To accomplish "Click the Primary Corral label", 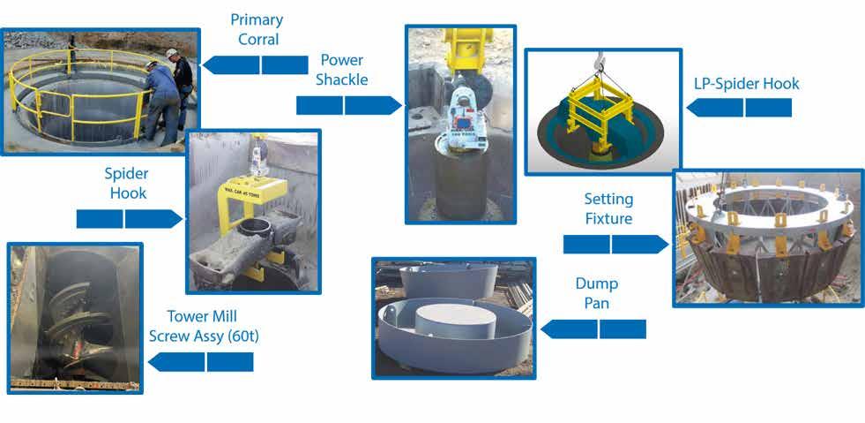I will [x=255, y=29].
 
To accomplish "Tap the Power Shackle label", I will [x=344, y=70].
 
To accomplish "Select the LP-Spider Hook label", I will [x=746, y=84].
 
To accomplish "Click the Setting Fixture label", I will [x=608, y=208].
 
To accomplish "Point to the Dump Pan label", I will [x=597, y=294].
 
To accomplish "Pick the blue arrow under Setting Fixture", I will [x=614, y=244].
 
